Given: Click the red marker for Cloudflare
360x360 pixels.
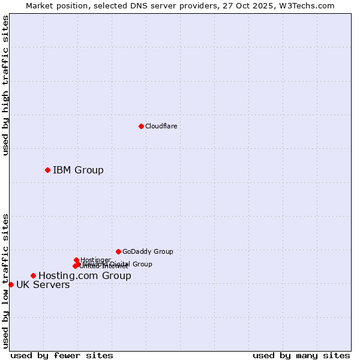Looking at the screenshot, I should pyautogui.click(x=141, y=126).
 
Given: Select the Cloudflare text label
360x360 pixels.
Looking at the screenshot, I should pyautogui.click(x=161, y=126).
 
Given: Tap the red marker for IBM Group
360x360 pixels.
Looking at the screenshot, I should pyautogui.click(x=47, y=170).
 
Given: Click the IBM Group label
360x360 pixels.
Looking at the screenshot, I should pyautogui.click(x=78, y=170).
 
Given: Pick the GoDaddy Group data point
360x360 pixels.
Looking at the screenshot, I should pyautogui.click(x=118, y=251).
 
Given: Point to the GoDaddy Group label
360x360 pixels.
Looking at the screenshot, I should pyautogui.click(x=148, y=251).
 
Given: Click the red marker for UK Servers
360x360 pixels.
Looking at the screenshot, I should pyautogui.click(x=11, y=284).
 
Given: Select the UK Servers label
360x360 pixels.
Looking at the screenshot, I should pyautogui.click(x=43, y=285).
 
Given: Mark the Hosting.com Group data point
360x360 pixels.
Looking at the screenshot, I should pyautogui.click(x=33, y=275).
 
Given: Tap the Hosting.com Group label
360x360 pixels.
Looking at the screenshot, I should pyautogui.click(x=85, y=276).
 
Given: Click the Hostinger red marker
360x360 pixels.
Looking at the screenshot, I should pyautogui.click(x=76, y=260).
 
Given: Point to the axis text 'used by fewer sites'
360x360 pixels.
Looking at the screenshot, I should pyautogui.click(x=62, y=355).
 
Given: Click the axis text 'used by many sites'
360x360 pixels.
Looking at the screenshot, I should pyautogui.click(x=301, y=355).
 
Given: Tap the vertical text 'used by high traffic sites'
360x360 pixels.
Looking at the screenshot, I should pyautogui.click(x=5, y=85).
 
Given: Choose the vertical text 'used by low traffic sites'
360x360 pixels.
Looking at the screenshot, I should pyautogui.click(x=5, y=280).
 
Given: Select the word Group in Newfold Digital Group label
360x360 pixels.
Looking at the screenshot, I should pyautogui.click(x=142, y=264).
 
